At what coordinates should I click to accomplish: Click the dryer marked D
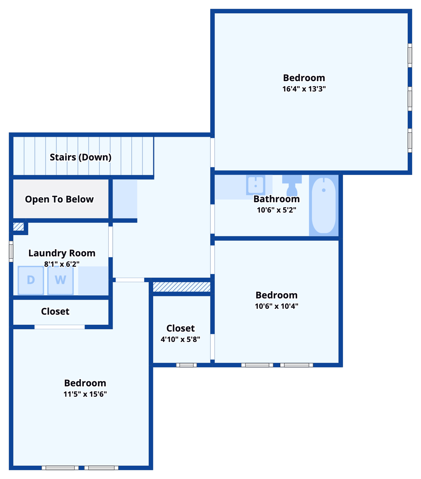pos(31,280)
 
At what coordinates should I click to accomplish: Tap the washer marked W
pos(60,280)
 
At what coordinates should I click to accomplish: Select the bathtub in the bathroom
pos(324,206)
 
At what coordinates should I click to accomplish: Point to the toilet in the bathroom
pos(292,185)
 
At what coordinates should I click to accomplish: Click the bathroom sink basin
pos(256,185)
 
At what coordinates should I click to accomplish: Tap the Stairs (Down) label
pos(80,157)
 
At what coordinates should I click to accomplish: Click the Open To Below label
pos(59,199)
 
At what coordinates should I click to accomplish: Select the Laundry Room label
pos(62,253)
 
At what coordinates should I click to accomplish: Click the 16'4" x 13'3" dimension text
pos(304,89)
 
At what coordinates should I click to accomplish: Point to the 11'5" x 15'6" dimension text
pos(85,394)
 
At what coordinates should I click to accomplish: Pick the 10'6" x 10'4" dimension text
pos(276,306)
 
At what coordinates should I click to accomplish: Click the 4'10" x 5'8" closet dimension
pos(180,339)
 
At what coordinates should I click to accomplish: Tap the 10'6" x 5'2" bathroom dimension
pos(276,210)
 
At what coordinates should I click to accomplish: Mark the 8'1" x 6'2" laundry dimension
pos(62,264)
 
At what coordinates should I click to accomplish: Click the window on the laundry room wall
pos(11,251)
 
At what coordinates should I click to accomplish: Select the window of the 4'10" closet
pos(186,365)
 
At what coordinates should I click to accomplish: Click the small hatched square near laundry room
pos(18,226)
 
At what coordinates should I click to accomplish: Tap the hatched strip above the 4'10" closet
pos(181,287)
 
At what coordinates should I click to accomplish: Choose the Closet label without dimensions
pos(55,312)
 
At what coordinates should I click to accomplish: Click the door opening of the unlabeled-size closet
pos(60,327)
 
